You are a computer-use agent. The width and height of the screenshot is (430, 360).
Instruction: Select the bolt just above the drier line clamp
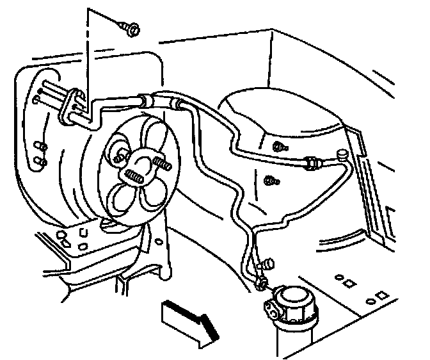[x=267, y=263]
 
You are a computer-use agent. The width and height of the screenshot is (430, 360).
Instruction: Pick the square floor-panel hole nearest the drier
[x=349, y=282]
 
